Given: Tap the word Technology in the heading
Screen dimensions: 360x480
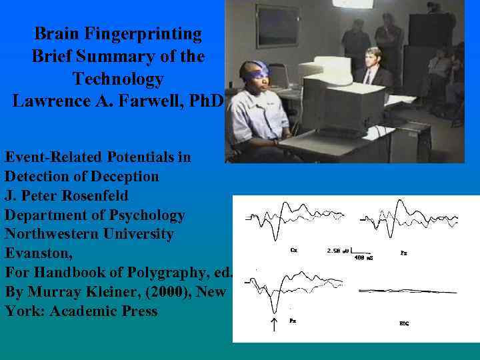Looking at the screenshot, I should [x=118, y=79].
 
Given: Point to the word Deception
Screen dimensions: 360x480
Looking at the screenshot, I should [x=121, y=177].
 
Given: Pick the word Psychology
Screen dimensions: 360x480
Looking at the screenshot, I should [x=150, y=215].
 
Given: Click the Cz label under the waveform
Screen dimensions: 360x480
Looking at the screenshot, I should [x=294, y=251].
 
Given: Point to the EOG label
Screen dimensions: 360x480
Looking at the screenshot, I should [x=404, y=323].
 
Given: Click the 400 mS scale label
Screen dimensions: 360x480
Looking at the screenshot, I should [x=363, y=257].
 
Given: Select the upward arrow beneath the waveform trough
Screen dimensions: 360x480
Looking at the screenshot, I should [x=273, y=325].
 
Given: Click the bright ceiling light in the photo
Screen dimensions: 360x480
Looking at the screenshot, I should [x=353, y=3].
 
